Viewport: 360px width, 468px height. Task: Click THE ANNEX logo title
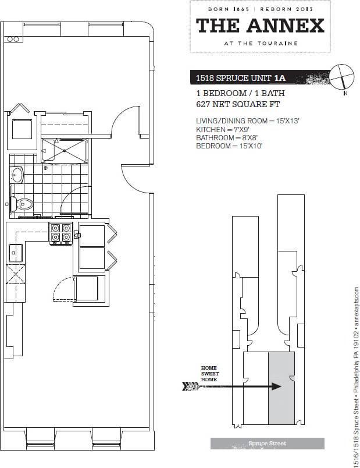[x=260, y=26]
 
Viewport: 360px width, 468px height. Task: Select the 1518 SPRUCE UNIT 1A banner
[x=242, y=77]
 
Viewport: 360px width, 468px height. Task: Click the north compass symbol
[x=341, y=77]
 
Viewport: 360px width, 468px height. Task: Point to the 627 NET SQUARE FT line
[x=238, y=105]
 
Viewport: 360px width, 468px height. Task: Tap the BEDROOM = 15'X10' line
[x=230, y=146]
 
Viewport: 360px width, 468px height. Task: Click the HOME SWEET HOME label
[x=209, y=374]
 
